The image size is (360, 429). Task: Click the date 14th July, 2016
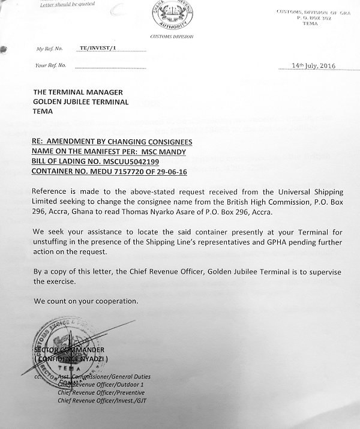tap(313, 65)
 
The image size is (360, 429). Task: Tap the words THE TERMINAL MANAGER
tap(78, 92)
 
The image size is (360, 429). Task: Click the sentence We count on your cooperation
tap(85, 300)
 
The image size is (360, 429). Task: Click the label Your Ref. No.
tap(50, 65)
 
